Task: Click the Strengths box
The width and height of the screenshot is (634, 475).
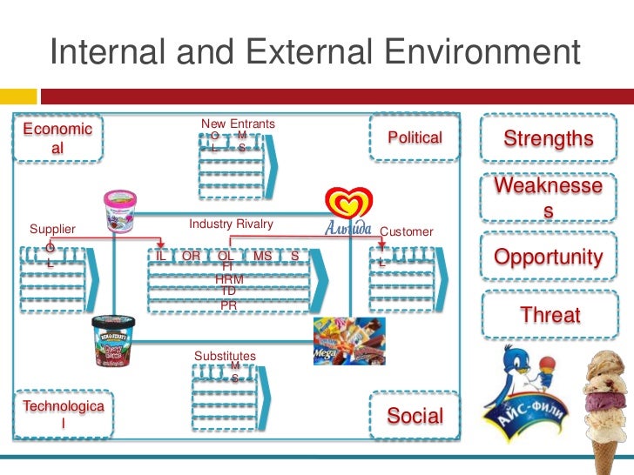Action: (549, 139)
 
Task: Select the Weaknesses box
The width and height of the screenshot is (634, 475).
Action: (549, 198)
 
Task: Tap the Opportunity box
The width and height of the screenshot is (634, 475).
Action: (549, 258)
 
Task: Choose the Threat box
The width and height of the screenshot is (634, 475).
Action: (550, 315)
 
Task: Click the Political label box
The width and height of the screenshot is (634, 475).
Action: (415, 137)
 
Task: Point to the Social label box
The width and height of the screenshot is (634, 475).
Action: (415, 416)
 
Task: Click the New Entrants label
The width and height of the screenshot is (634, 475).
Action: (238, 124)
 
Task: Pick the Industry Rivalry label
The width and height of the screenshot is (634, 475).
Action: (231, 224)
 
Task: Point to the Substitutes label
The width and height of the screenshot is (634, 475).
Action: (225, 356)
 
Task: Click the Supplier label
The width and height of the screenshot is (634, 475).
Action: (52, 230)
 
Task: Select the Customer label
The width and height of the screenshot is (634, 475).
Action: (407, 231)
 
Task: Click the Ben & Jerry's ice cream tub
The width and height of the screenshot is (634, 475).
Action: (114, 339)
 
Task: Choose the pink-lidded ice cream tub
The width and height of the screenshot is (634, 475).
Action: (121, 211)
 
